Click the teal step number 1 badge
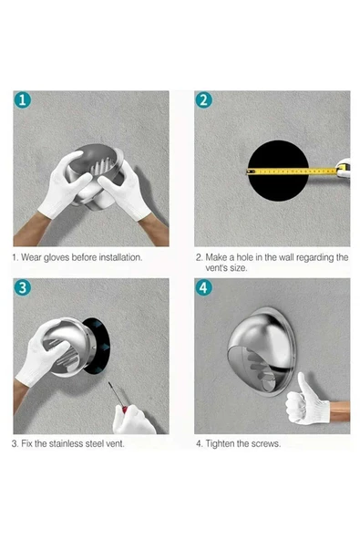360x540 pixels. (23, 100)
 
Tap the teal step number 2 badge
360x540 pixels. (204, 100)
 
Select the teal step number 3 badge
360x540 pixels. (23, 287)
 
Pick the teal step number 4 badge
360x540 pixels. (204, 287)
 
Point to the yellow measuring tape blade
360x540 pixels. (292, 171)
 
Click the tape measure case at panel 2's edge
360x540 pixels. (344, 168)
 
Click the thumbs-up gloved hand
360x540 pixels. (305, 400)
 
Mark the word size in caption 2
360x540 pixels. (239, 268)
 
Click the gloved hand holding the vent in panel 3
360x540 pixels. (39, 355)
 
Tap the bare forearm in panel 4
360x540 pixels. (340, 410)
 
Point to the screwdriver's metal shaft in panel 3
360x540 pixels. (115, 395)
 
